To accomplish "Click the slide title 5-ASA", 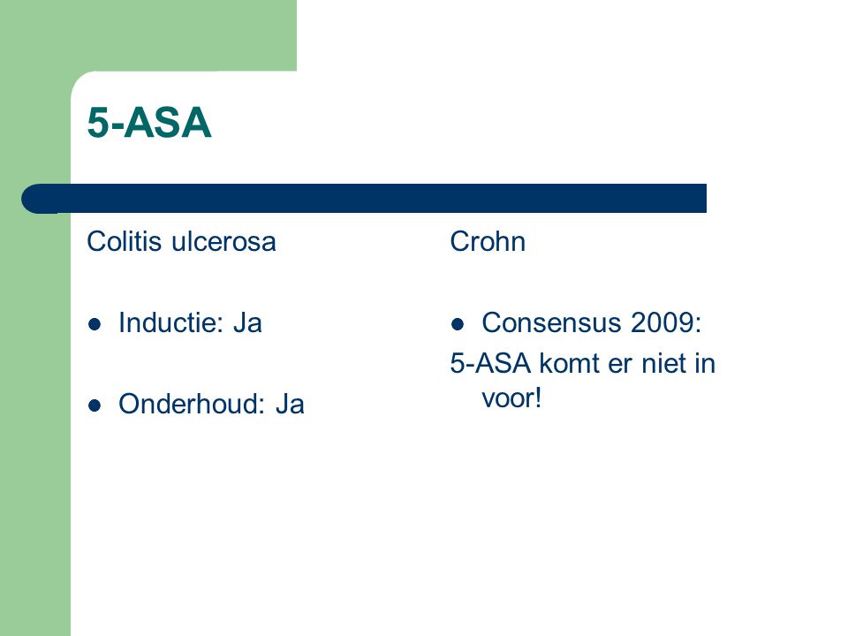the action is tap(148, 123).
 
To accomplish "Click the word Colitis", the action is tap(124, 241).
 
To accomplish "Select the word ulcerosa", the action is tap(223, 242).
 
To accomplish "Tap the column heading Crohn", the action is tap(488, 241).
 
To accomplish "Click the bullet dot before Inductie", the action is tap(95, 324).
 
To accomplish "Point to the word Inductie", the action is tap(170, 323).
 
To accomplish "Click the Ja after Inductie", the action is tap(247, 323).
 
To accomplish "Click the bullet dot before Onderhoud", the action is tap(95, 405).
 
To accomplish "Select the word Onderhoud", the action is tap(192, 404).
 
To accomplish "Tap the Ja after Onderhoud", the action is tap(290, 404).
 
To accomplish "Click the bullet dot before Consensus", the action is tap(458, 324).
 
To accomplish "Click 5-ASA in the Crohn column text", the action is tap(490, 363).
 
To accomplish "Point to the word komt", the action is tap(570, 363).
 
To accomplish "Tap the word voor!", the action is tap(511, 398).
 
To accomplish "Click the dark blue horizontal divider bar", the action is tap(364, 199).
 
